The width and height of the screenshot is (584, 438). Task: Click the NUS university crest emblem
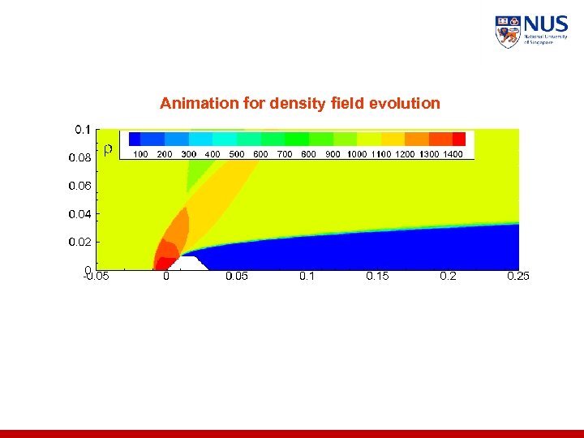point(507,32)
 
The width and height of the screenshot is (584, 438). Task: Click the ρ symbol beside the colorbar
point(108,148)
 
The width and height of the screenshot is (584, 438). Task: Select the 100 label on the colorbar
point(140,154)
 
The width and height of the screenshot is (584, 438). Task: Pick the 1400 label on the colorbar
point(453,154)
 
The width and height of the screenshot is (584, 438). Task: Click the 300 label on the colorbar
point(188,154)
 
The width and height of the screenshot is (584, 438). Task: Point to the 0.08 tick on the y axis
point(79,158)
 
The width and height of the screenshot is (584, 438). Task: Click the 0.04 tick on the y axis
point(79,214)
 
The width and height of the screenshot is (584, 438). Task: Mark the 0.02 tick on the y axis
point(79,242)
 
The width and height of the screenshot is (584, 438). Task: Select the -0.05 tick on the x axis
point(96,277)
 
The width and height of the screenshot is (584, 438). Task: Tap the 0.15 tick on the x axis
point(377,277)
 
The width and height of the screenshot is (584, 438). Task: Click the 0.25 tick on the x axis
point(517,277)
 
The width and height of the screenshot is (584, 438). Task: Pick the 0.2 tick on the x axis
point(448,277)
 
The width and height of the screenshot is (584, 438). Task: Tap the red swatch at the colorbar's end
point(459,139)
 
